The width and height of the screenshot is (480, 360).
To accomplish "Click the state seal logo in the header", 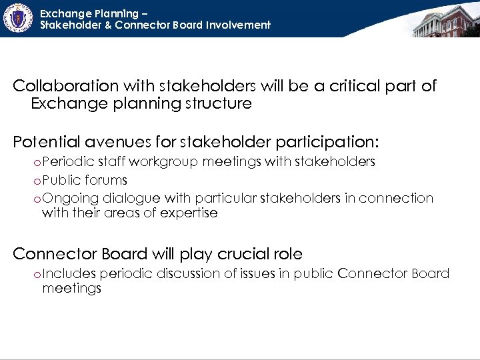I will click(17, 19).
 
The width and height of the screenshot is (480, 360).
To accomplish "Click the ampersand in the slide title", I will click(107, 25).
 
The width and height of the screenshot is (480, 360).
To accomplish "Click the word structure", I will click(221, 103).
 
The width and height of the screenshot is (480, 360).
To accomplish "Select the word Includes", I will click(70, 273).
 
